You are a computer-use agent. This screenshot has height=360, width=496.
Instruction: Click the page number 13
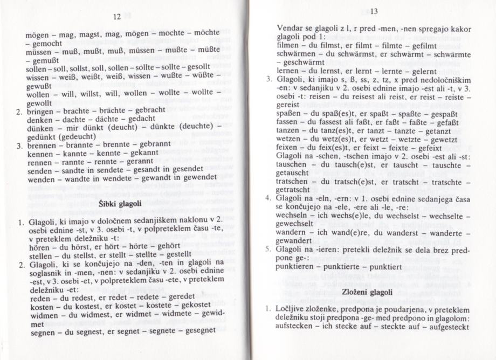pos(375,11)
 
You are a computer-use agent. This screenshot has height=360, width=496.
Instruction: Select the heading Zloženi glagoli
pos(366,292)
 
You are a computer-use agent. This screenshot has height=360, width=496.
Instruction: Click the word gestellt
pos(175,254)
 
